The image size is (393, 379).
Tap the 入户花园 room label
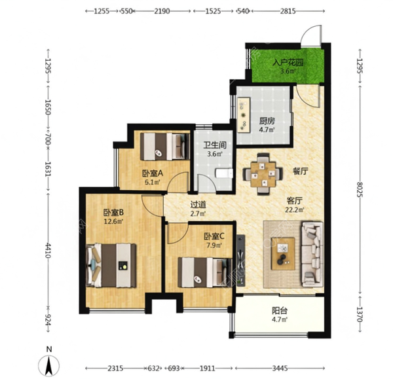pos(288,62)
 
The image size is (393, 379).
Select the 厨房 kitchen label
pos(267,121)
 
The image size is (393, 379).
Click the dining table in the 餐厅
pos(263,174)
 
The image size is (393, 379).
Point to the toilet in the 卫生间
pos(224,173)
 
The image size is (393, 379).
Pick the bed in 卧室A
pos(164,147)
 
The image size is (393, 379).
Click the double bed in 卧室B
pos(111,265)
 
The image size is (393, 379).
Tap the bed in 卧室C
pos(204,272)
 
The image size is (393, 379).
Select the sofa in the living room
pos(312,254)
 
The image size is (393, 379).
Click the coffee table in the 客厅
pos(283,254)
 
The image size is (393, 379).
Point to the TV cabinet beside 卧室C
pos(241,260)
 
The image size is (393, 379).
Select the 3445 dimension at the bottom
pos(280,369)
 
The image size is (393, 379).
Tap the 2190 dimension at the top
pos(162,11)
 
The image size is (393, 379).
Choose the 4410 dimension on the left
pos(48,250)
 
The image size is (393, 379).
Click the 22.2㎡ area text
pos(295,209)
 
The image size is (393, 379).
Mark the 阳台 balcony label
pos(280,311)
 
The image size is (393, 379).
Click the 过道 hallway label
pos(198,205)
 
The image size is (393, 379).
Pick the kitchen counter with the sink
pos(244,115)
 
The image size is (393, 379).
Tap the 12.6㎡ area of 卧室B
pos(113,221)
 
